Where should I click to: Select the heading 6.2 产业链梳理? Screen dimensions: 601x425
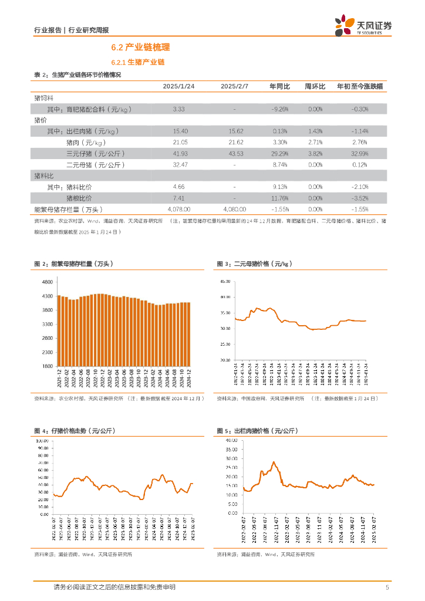[140, 48]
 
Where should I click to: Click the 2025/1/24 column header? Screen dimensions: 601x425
[179, 86]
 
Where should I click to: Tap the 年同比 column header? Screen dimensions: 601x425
[279, 86]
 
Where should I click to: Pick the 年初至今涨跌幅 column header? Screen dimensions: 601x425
[360, 86]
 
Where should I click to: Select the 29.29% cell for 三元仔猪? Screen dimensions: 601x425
[279, 153]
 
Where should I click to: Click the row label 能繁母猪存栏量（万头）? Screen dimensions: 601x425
[69, 209]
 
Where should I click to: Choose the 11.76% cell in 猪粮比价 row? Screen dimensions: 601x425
[279, 198]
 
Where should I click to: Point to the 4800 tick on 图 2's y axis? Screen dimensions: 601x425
[47, 282]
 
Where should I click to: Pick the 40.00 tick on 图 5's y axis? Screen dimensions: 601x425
[231, 440]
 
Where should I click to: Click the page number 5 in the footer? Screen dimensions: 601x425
[387, 587]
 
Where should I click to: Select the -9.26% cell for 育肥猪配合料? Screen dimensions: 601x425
[279, 109]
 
